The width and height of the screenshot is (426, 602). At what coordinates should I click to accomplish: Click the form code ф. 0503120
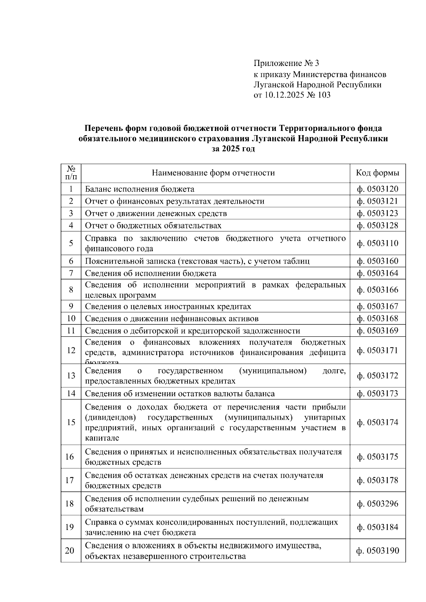pos(377,189)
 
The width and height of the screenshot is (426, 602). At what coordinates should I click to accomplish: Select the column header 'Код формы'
pos(377,173)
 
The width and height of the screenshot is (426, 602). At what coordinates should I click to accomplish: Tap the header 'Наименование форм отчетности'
pos(213,173)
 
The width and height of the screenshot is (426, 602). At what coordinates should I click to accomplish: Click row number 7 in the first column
pos(71,273)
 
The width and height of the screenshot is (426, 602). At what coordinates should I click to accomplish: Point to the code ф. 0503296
pos(377,504)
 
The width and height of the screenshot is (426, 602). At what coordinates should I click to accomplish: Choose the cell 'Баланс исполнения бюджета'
pos(140,189)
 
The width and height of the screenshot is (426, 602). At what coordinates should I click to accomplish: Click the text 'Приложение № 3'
pos(286,63)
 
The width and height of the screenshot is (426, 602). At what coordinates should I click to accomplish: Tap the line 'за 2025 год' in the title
pos(233,149)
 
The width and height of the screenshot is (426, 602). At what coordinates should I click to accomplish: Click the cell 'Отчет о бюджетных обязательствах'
pos(153,226)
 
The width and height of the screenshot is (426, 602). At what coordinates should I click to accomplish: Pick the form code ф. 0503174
pos(377,422)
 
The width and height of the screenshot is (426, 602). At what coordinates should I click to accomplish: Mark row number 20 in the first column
pos(70,551)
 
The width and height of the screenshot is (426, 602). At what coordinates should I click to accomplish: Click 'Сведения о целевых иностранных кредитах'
pos(168,306)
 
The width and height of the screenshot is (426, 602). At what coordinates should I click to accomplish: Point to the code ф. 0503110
pos(377,243)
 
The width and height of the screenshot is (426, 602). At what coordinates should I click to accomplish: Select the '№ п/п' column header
pos(71,173)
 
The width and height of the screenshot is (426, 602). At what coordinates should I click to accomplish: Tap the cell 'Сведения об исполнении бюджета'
pos(151,273)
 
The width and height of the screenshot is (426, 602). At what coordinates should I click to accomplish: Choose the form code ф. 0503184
pos(377,527)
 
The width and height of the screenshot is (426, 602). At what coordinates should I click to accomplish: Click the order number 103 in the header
pos(324,95)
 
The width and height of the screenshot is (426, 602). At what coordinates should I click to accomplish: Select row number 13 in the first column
pos(71,376)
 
